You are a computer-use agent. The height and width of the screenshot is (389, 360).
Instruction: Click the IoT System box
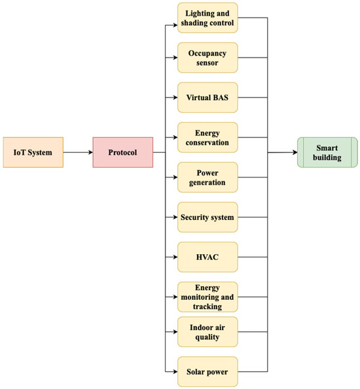tap(33, 153)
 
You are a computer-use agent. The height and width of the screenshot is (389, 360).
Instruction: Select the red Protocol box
tap(122, 153)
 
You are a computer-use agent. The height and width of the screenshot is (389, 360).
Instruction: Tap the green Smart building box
tap(327, 153)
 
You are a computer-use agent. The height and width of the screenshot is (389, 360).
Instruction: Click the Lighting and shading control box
tap(207, 18)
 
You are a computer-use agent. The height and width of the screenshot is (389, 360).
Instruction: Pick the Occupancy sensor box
tap(207, 58)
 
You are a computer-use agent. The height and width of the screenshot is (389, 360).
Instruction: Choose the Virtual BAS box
tap(207, 98)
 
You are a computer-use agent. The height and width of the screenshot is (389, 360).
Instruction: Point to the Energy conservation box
tap(207, 138)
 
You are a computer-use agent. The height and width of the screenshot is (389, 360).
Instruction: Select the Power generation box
tap(207, 177)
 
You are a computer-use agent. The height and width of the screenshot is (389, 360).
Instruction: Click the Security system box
tap(207, 217)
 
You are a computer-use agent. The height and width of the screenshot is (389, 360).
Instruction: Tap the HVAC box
tap(207, 257)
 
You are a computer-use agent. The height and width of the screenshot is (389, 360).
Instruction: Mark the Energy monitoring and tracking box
tap(207, 297)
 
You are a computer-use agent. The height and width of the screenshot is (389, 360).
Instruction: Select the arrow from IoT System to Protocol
tap(77, 153)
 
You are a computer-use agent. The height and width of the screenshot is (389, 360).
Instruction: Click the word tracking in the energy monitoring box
tap(207, 306)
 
